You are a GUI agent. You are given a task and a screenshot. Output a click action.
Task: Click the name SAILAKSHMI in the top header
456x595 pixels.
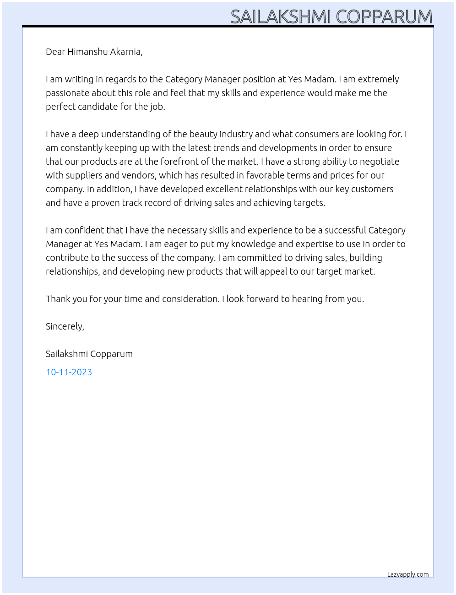(281, 17)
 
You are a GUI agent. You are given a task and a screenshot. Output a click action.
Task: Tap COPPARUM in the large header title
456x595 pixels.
(384, 17)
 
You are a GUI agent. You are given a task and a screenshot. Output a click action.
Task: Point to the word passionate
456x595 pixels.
(67, 93)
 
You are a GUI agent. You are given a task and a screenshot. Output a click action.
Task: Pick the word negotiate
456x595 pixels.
(380, 162)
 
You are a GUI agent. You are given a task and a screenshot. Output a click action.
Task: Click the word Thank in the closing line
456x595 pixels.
(58, 299)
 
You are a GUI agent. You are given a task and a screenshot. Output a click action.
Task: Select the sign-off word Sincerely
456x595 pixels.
(65, 326)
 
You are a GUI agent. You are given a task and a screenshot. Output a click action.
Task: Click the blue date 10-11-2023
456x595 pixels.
(69, 372)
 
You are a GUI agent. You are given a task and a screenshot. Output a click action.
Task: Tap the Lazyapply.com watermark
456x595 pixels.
(408, 574)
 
